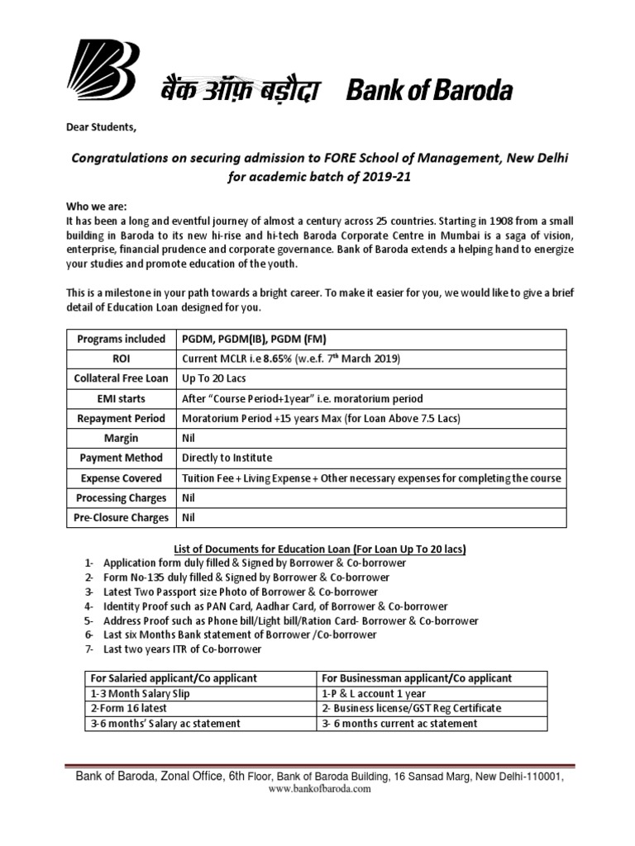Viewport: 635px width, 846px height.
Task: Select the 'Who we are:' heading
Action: (x=97, y=207)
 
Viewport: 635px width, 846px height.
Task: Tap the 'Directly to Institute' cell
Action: (x=227, y=458)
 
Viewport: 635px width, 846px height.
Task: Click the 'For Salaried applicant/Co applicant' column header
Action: (x=172, y=678)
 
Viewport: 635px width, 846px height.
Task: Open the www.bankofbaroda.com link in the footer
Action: (x=319, y=788)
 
